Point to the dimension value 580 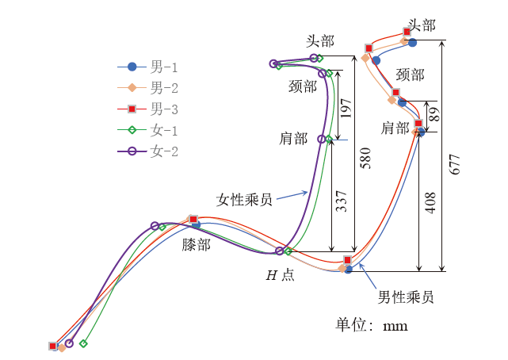[x=365, y=157]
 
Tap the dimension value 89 [x=434, y=113]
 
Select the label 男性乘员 [x=405, y=297]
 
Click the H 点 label [x=280, y=275]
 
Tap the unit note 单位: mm [x=372, y=325]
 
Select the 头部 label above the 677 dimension [x=422, y=25]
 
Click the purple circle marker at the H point [x=279, y=251]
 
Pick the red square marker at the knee [x=193, y=220]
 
